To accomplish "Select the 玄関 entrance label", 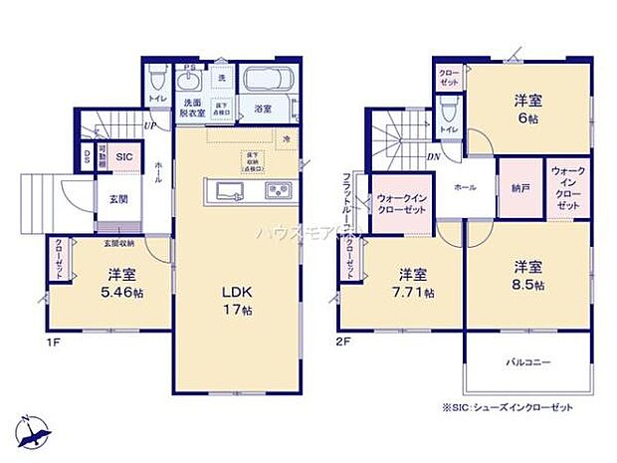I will tap(118, 199).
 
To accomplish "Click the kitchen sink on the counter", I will tap(225, 190).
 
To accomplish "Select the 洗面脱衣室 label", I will tap(192, 109).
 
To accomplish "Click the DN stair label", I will tap(434, 156).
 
